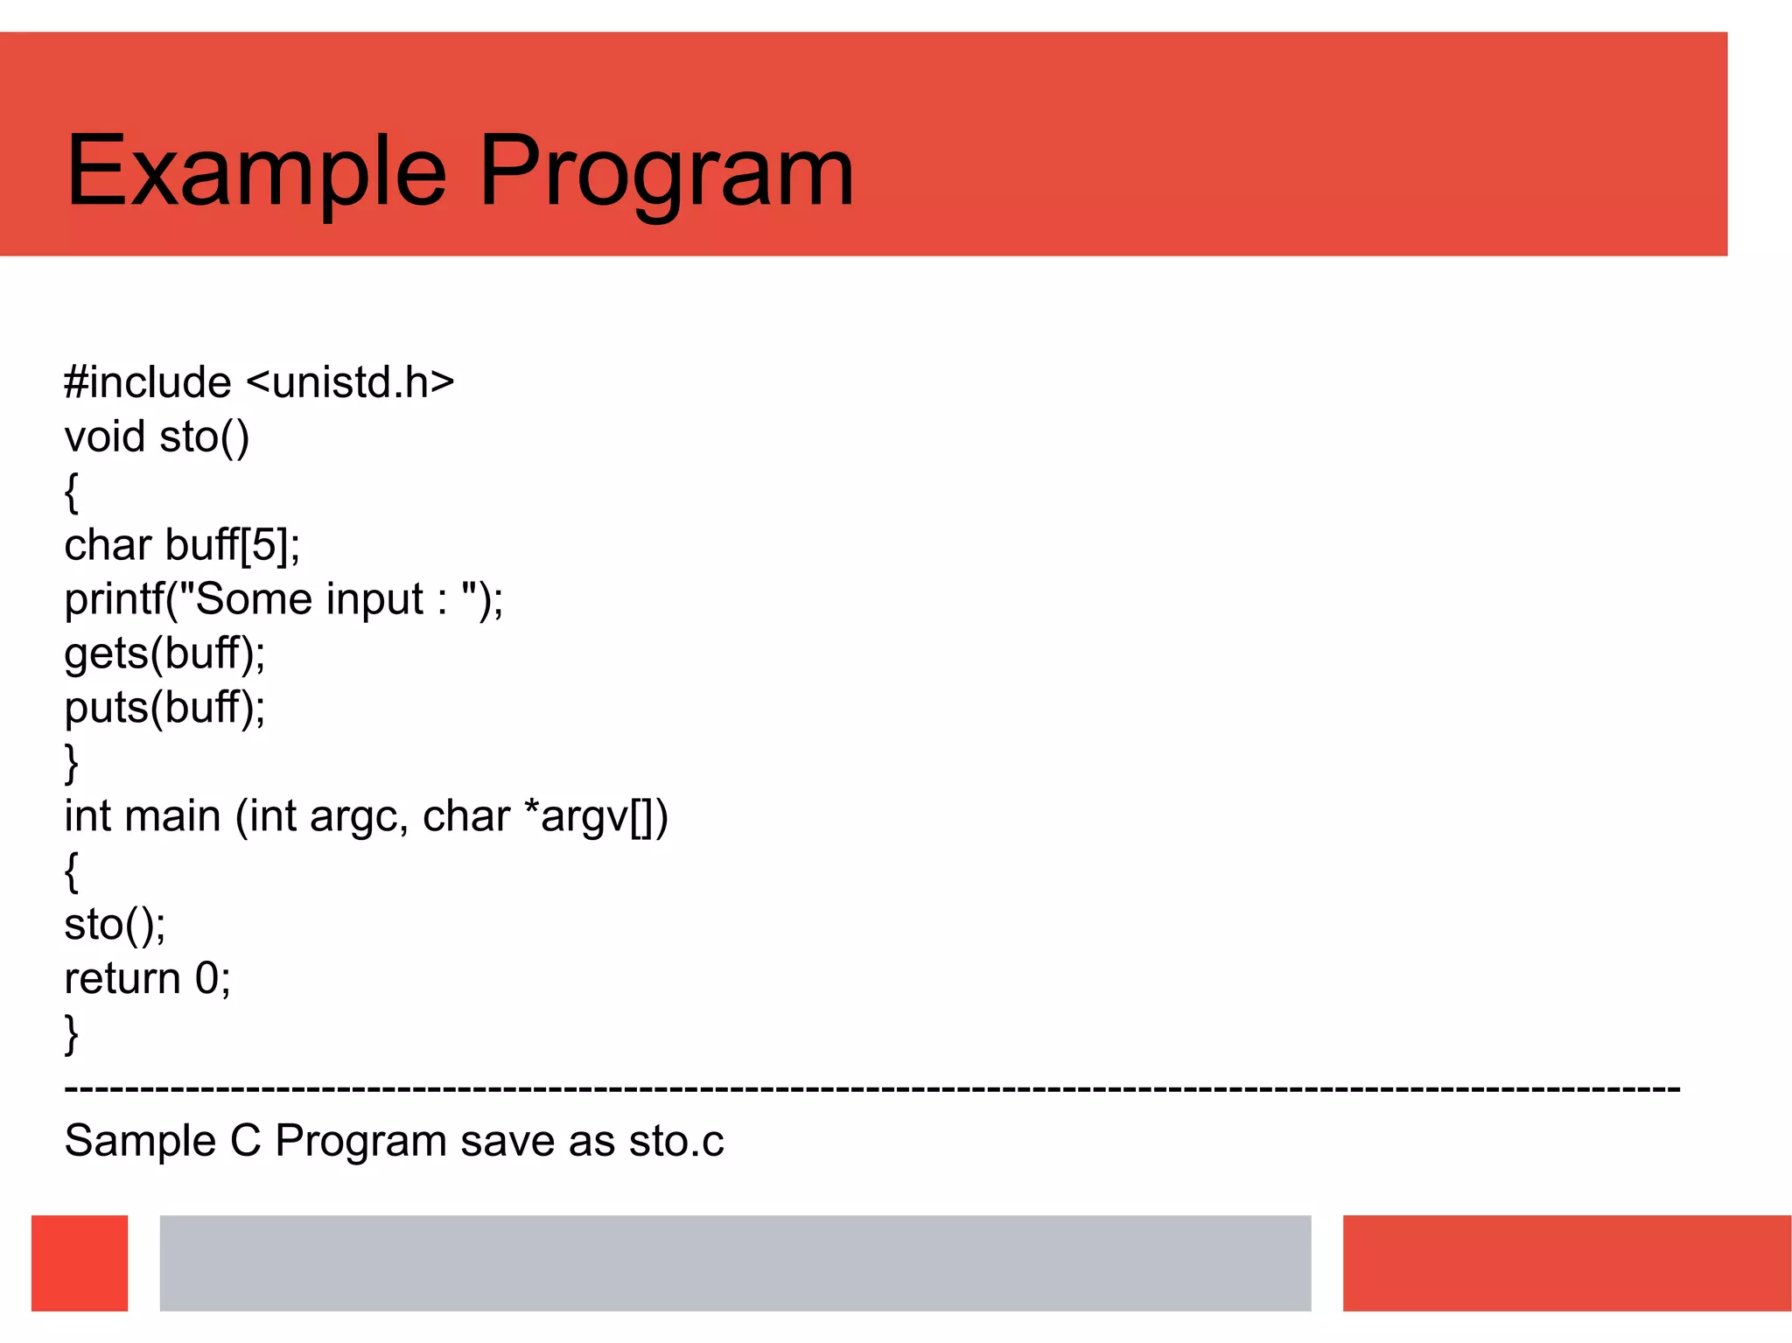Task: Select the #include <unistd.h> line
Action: [x=259, y=382]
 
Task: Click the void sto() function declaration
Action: [x=157, y=437]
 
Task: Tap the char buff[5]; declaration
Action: [x=182, y=545]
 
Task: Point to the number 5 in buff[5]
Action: [x=263, y=545]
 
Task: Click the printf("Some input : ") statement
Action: [x=283, y=600]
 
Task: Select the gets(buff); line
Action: [x=164, y=654]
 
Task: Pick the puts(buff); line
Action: [x=164, y=708]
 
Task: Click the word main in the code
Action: [x=172, y=816]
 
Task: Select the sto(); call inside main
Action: [x=115, y=925]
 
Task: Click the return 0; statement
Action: [x=147, y=978]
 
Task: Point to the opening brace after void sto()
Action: [x=72, y=492]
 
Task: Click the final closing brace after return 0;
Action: [x=72, y=1034]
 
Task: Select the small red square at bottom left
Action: [x=80, y=1263]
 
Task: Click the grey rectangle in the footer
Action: [x=735, y=1263]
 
